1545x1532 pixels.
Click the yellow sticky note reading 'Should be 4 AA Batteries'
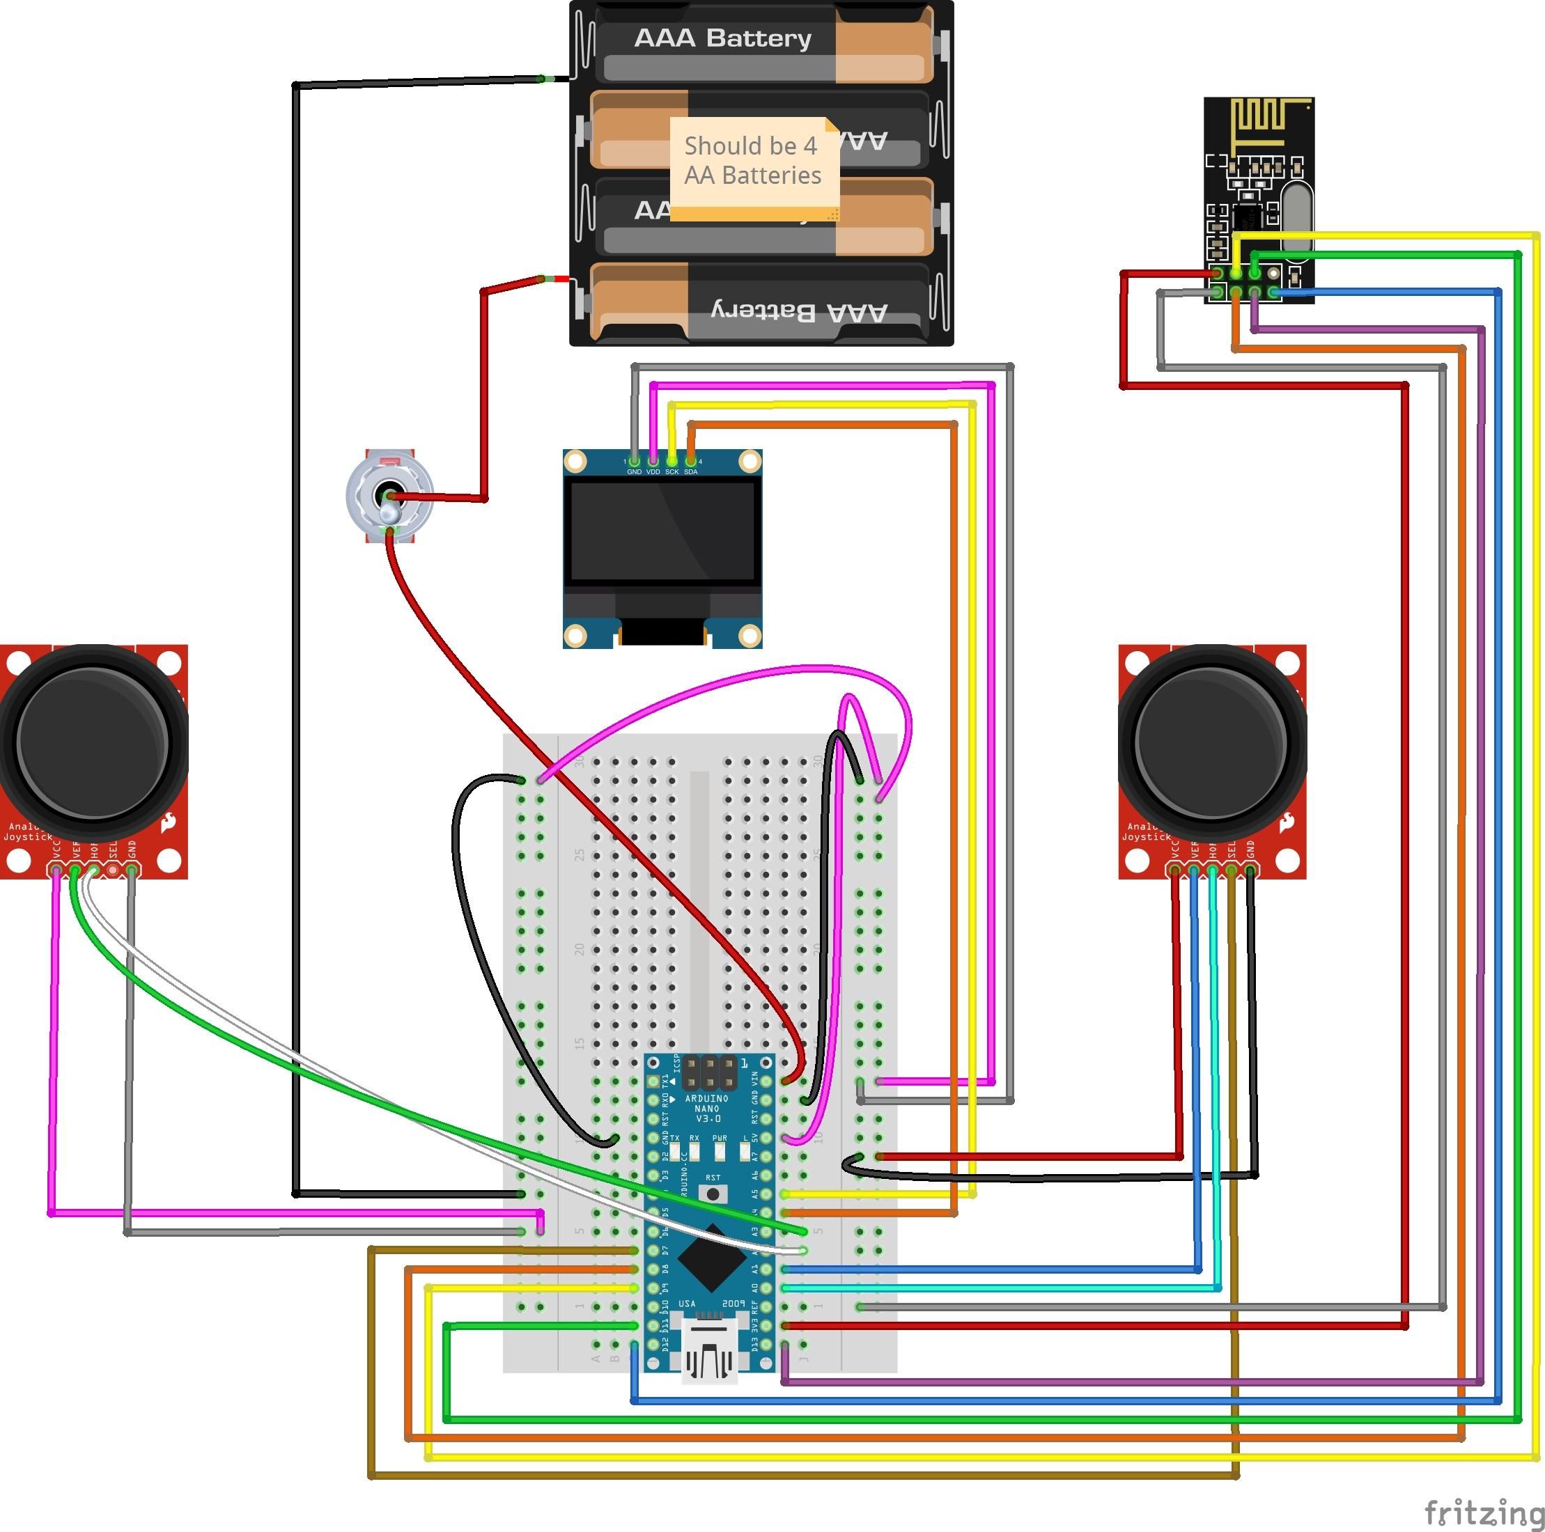click(752, 164)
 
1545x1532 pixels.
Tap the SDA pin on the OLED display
click(690, 462)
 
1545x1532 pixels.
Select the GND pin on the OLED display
click(634, 462)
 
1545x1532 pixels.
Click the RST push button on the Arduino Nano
click(713, 1194)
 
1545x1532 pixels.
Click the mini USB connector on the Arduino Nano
click(708, 1352)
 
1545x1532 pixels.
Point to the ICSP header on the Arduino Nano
click(709, 1073)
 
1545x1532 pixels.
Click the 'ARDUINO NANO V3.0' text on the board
click(707, 1108)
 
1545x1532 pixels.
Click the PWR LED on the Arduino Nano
click(720, 1151)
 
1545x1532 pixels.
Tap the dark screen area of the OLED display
click(662, 532)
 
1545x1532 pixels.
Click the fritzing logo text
click(1484, 1512)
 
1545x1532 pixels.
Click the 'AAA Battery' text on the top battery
click(722, 38)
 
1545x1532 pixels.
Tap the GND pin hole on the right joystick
click(1250, 869)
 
